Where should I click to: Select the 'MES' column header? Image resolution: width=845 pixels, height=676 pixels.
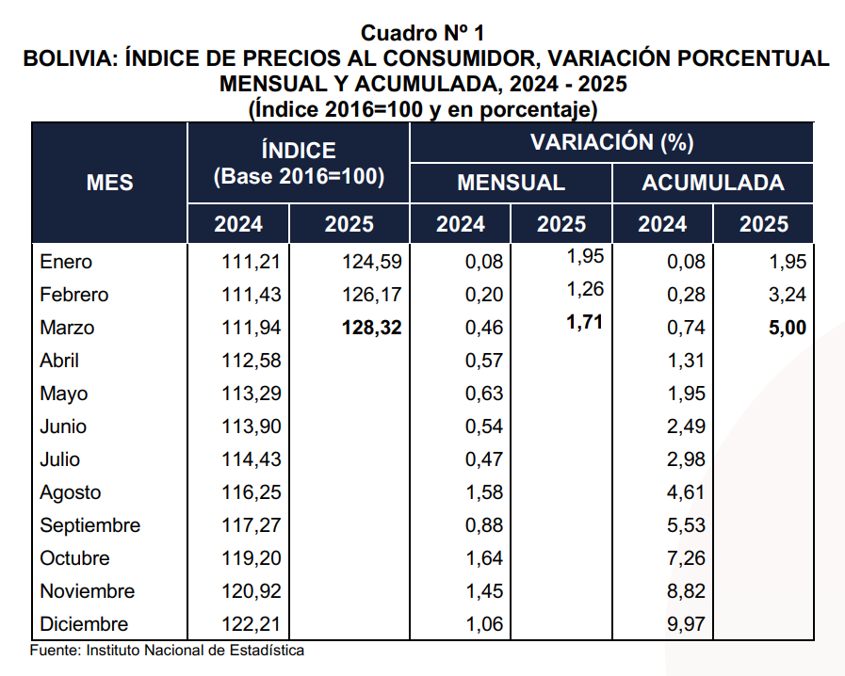click(x=110, y=182)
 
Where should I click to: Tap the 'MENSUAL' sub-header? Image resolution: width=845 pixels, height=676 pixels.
click(x=511, y=183)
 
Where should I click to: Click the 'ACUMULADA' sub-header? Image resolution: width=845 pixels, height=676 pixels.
click(x=713, y=183)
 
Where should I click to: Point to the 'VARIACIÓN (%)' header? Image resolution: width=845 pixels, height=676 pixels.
click(x=612, y=143)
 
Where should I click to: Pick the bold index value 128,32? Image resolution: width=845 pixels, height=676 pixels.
click(x=357, y=328)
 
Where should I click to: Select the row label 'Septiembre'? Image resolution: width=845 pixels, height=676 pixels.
click(x=89, y=525)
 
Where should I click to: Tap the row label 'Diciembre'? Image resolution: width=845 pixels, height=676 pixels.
click(x=84, y=624)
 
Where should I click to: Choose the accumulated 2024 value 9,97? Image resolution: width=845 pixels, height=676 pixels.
click(x=686, y=624)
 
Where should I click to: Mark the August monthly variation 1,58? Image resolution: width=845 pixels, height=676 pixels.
click(x=484, y=492)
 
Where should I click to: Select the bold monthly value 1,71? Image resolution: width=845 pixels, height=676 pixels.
click(x=585, y=323)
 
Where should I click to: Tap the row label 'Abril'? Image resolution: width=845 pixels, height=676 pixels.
click(x=59, y=361)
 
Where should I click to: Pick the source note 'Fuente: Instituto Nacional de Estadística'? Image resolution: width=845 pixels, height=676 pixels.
click(x=168, y=651)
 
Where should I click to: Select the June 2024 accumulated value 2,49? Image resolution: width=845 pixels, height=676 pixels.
click(x=686, y=427)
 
